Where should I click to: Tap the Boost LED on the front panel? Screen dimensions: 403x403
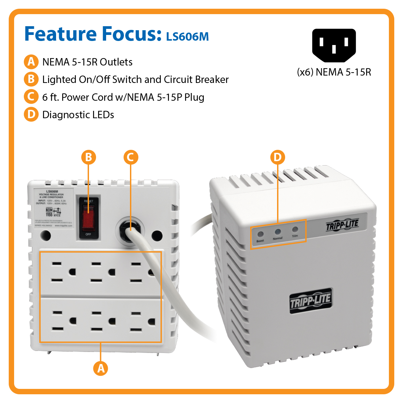pos(260,234)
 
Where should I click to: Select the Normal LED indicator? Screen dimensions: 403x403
pos(278,232)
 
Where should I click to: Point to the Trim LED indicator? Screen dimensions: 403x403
pos(295,230)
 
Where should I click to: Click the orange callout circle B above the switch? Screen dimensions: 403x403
pos(89,157)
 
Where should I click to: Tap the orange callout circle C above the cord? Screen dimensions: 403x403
pos(131,157)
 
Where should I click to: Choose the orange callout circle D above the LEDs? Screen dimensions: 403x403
pos(277,157)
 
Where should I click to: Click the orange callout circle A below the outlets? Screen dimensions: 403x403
pos(101,368)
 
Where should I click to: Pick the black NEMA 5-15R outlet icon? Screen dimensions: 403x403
pos(334,45)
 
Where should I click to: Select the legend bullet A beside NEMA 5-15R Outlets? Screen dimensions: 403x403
pos(31,62)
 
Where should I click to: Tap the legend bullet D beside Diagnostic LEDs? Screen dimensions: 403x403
pos(31,115)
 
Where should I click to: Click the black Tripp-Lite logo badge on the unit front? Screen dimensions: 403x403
pos(311,301)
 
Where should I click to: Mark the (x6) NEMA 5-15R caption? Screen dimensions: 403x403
pos(334,72)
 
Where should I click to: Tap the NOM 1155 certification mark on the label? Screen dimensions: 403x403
pos(49,212)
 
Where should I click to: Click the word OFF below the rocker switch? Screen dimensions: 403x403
pos(88,234)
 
